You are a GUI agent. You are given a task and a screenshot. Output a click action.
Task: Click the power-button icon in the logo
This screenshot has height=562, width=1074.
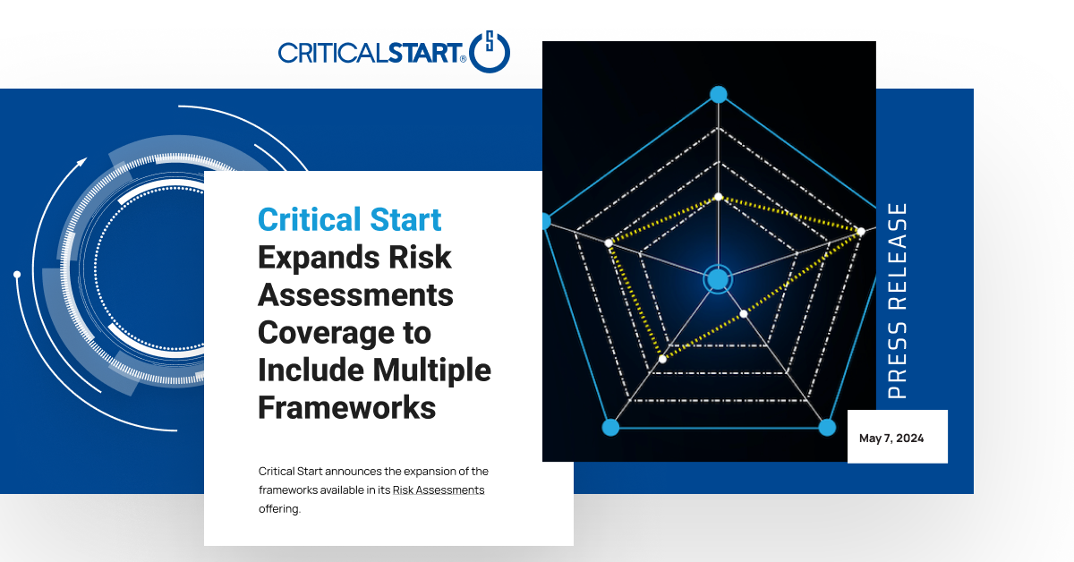[489, 52]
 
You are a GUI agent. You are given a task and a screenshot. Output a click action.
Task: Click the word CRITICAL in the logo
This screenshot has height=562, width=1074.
[333, 53]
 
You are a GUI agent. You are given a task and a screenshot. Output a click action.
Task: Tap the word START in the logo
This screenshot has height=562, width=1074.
[424, 53]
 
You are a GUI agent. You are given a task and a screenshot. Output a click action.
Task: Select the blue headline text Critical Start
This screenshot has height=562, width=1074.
[350, 219]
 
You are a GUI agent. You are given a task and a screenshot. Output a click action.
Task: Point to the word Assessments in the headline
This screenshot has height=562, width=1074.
[356, 295]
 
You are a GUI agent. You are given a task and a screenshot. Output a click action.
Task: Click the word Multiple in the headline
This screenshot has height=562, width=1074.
[432, 370]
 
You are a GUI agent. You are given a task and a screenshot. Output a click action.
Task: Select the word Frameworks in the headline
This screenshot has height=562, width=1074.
[347, 407]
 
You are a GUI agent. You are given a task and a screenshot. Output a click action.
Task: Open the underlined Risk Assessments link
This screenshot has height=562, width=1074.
[439, 490]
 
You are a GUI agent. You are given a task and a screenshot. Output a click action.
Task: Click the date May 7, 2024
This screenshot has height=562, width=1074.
[891, 439]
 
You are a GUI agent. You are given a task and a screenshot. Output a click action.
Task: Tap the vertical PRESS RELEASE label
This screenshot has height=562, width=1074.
[897, 301]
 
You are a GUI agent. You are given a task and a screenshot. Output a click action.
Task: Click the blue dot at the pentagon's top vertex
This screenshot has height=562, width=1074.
[718, 95]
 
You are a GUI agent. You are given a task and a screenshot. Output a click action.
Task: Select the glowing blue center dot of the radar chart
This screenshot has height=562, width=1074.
[718, 279]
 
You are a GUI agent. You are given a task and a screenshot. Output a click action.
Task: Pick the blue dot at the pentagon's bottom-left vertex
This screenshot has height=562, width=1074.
[610, 427]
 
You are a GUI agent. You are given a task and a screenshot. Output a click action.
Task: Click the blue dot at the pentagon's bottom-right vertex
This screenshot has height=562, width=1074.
[827, 427]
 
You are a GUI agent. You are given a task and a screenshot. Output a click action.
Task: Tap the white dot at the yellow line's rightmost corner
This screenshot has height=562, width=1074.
[861, 232]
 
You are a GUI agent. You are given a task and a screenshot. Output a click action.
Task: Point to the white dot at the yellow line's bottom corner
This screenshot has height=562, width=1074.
[662, 359]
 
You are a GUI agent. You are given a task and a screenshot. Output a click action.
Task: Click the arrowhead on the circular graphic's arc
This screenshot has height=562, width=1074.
[82, 162]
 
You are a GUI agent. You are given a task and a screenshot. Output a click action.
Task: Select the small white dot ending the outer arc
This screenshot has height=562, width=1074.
[17, 274]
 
